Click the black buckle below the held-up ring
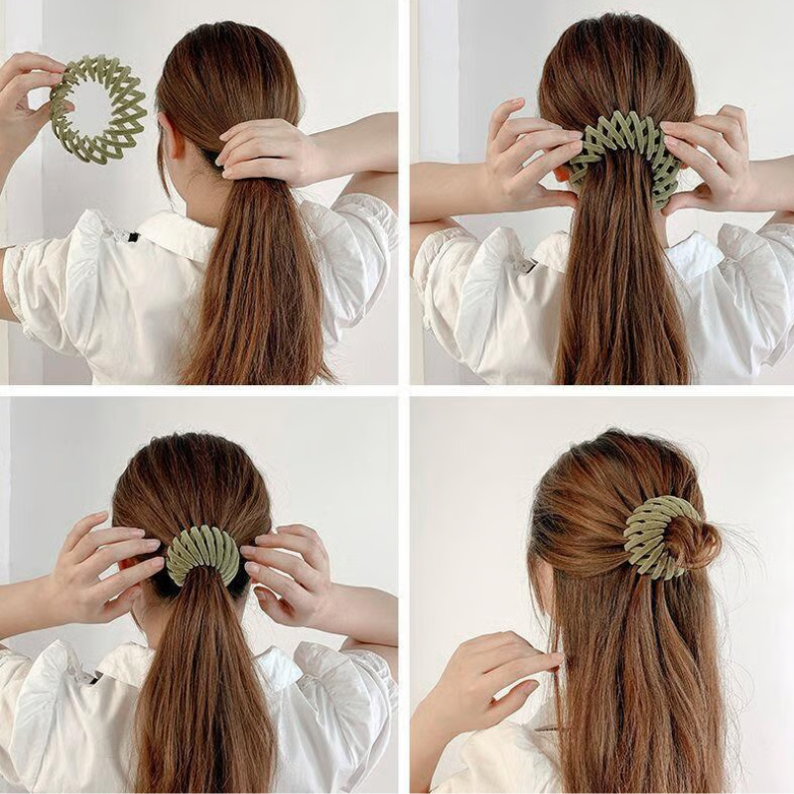click(x=133, y=237)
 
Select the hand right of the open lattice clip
click(x=715, y=159)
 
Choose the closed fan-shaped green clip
click(x=203, y=556)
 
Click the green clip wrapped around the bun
click(x=650, y=536)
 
